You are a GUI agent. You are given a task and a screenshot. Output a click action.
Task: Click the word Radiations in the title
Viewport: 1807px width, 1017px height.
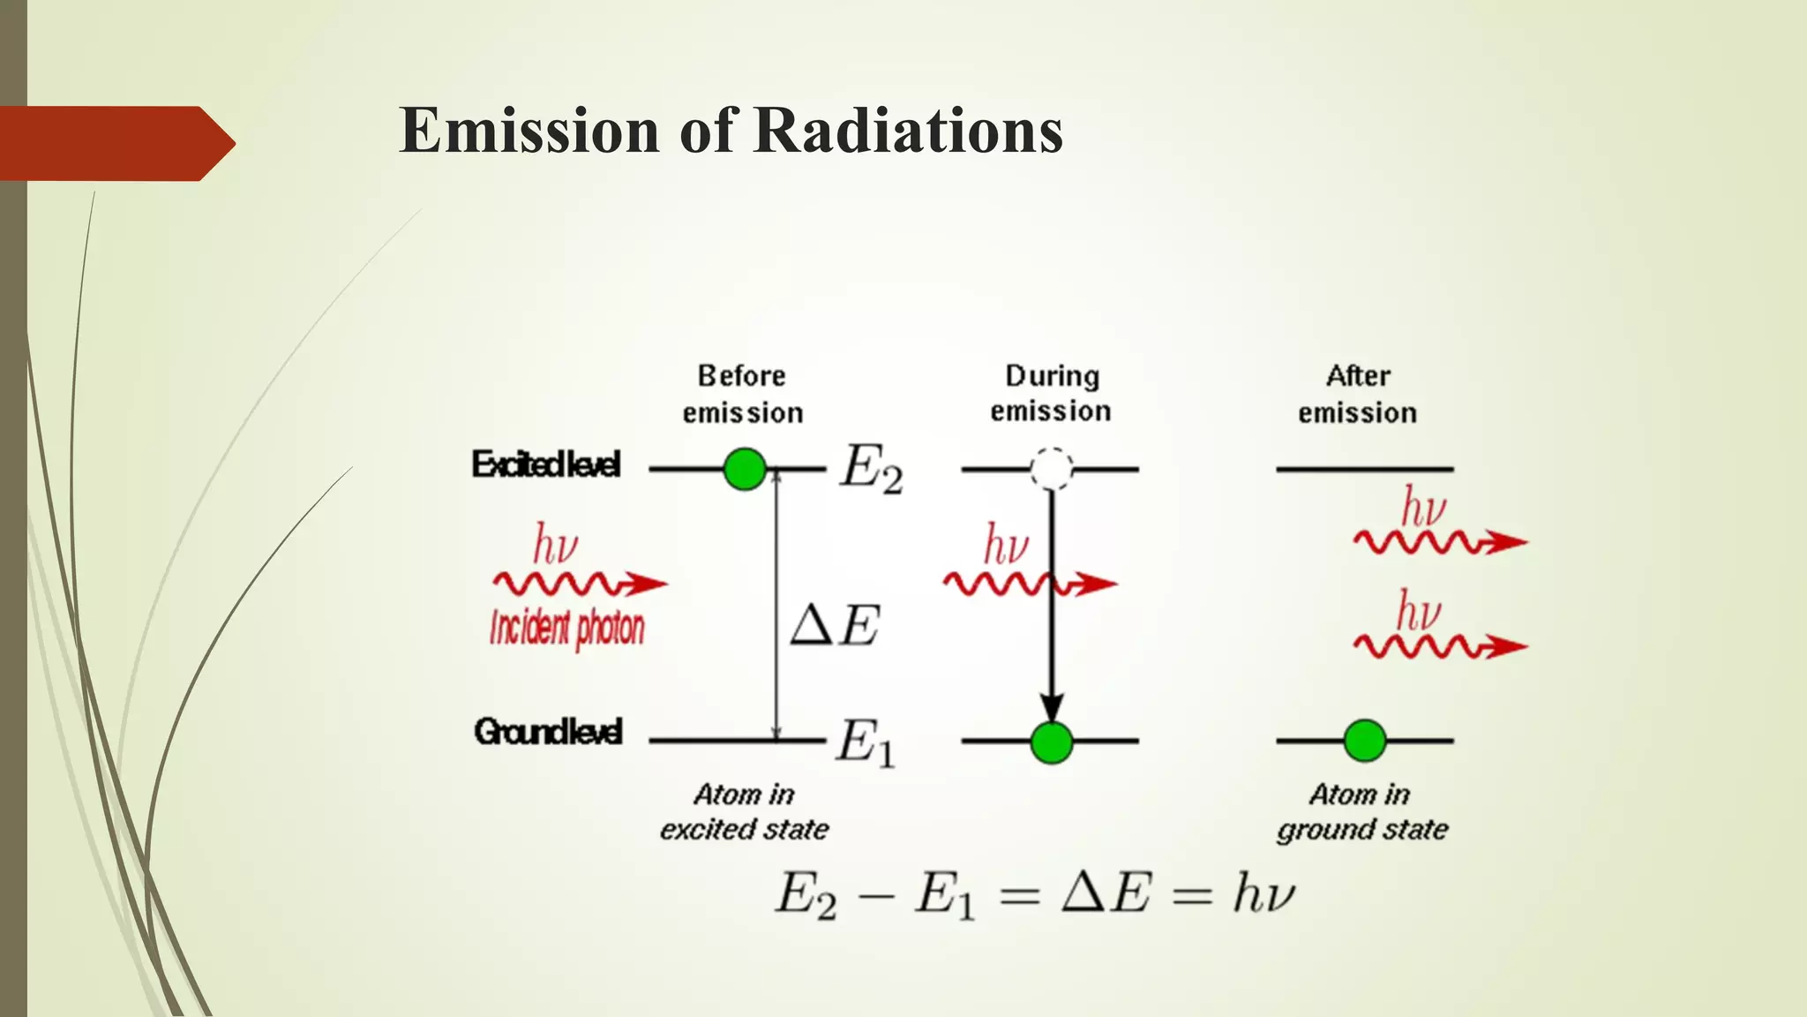(909, 131)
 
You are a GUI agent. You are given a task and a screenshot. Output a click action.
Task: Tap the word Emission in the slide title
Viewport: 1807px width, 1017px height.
(529, 131)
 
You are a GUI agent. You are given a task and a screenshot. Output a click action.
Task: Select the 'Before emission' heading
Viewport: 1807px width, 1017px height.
(742, 394)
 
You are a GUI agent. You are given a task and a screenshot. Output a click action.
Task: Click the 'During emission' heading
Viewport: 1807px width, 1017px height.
(1051, 393)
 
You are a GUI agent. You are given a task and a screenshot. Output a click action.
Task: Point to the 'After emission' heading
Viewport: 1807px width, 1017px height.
(1358, 394)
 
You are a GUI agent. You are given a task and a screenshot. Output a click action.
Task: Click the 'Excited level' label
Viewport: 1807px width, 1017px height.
(546, 464)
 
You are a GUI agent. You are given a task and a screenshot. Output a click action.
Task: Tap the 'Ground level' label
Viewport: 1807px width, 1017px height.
(548, 732)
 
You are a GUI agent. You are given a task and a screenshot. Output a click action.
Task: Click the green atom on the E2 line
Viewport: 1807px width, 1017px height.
(745, 469)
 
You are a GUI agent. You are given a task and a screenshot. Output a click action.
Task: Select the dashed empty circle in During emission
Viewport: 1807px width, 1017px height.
(1052, 469)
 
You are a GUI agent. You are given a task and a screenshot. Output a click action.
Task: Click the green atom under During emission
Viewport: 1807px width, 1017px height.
(1052, 742)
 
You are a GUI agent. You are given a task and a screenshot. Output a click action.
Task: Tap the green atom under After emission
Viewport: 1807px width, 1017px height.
(1365, 741)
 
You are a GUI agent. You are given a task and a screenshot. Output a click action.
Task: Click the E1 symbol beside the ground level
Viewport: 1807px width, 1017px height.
(866, 742)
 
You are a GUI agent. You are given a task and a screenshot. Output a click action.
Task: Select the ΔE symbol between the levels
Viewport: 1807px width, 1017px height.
(835, 626)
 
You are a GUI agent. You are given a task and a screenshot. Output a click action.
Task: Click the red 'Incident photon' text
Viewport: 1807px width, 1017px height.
(567, 628)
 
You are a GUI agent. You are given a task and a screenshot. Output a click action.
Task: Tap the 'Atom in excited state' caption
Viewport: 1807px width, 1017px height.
(744, 811)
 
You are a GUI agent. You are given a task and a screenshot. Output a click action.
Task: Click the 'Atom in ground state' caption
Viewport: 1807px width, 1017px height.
(1362, 811)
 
